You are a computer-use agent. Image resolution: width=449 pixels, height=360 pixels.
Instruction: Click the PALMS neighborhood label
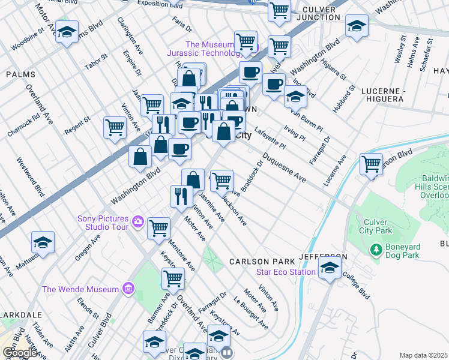click(x=17, y=74)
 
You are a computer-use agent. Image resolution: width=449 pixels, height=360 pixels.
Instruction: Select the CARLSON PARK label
click(x=262, y=262)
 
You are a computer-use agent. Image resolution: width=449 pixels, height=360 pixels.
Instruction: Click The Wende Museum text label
click(x=80, y=289)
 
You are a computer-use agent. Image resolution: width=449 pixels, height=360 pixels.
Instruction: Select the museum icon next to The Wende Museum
click(x=127, y=289)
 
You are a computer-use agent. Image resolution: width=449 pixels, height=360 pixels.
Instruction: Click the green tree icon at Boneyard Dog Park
click(x=376, y=248)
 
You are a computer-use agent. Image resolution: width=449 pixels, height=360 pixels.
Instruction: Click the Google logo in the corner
click(x=20, y=353)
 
